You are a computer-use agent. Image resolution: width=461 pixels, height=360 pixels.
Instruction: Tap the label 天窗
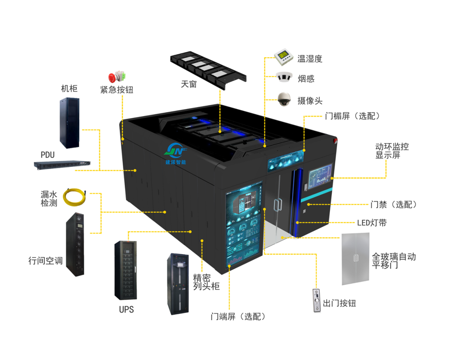click(x=189, y=83)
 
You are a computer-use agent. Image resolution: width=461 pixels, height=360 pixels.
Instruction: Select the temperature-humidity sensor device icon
click(x=284, y=56)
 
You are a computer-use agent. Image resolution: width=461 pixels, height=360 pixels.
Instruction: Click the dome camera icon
click(x=284, y=99)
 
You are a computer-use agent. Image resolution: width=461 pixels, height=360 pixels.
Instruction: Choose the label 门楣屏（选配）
click(x=353, y=116)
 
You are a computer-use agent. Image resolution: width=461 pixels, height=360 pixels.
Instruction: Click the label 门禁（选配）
click(x=393, y=205)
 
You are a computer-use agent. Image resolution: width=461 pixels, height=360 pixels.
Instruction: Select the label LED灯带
click(x=372, y=222)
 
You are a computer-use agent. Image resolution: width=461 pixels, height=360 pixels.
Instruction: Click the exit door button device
click(x=316, y=301)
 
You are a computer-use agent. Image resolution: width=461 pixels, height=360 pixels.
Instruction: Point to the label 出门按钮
click(x=340, y=303)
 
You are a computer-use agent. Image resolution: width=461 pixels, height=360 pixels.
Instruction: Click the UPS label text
click(x=126, y=309)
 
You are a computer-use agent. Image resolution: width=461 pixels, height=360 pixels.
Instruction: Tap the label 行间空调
click(x=46, y=261)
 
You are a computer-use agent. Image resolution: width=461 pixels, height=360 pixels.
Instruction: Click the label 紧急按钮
click(x=117, y=90)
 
